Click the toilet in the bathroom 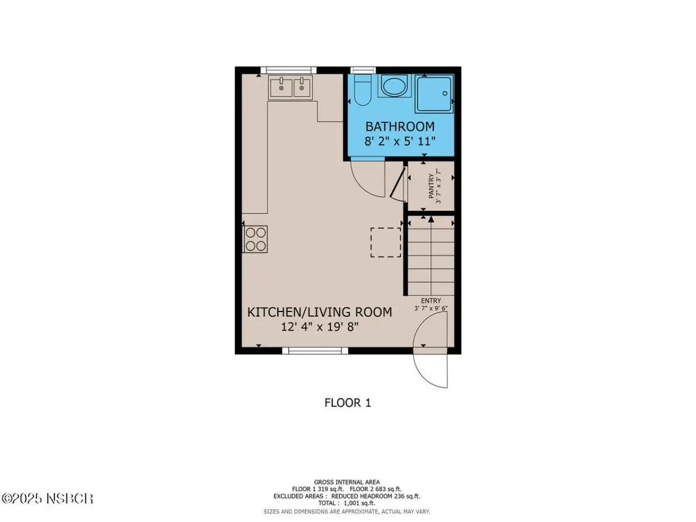pyautogui.click(x=362, y=90)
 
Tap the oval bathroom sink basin pyautogui.click(x=394, y=86)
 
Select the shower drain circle pyautogui.click(x=444, y=93)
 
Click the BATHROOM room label pyautogui.click(x=400, y=126)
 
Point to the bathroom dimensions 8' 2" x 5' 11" pyautogui.click(x=400, y=141)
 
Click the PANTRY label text pyautogui.click(x=431, y=186)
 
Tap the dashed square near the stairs pyautogui.click(x=386, y=242)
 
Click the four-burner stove pyautogui.click(x=255, y=240)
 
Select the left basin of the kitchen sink pyautogui.click(x=281, y=88)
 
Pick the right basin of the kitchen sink pyautogui.click(x=302, y=88)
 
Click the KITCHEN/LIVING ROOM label pyautogui.click(x=320, y=312)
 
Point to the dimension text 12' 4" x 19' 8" pyautogui.click(x=320, y=327)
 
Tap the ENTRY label pyautogui.click(x=431, y=300)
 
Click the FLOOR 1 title pyautogui.click(x=347, y=403)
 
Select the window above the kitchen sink pyautogui.click(x=288, y=70)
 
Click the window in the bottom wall pyautogui.click(x=315, y=350)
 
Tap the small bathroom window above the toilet pyautogui.click(x=362, y=70)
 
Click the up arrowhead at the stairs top pyautogui.click(x=430, y=219)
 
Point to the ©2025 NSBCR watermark pyautogui.click(x=47, y=499)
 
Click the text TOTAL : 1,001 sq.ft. pyautogui.click(x=347, y=503)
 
